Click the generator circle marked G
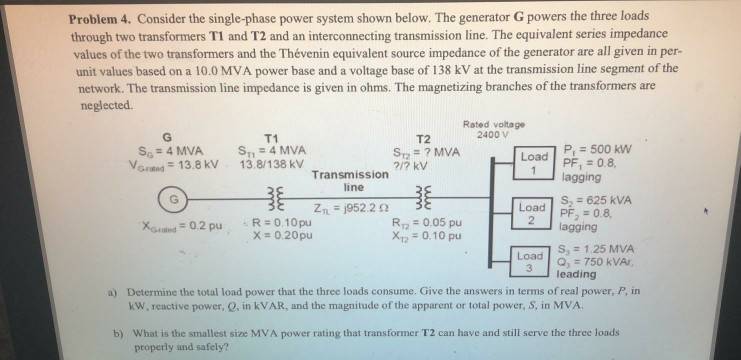coord(175,198)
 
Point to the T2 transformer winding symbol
coord(422,194)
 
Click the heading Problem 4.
coord(103,18)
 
